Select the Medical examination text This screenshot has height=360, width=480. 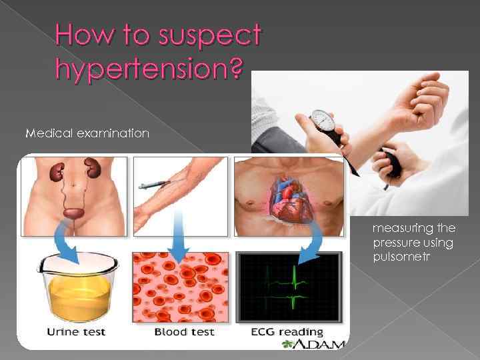coord(87,133)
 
